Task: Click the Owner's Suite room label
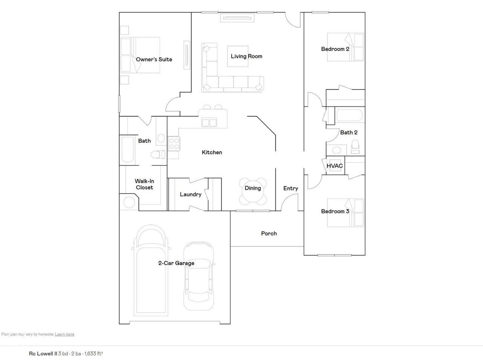(154, 59)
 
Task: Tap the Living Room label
(246, 56)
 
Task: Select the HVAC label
(335, 166)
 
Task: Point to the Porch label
(269, 234)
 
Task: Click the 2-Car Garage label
(176, 263)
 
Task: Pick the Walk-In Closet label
(145, 184)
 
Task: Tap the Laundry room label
(191, 194)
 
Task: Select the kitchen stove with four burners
(174, 144)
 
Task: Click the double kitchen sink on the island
(209, 122)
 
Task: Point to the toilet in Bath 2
(355, 146)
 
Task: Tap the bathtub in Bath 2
(349, 115)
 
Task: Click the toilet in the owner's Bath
(158, 154)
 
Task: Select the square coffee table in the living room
(238, 56)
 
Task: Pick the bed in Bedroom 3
(346, 213)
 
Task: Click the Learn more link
(65, 334)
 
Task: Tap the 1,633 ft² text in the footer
(94, 354)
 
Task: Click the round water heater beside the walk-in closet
(129, 202)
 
